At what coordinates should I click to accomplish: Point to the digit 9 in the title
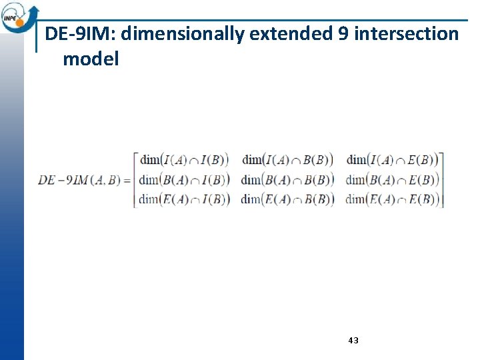point(343,34)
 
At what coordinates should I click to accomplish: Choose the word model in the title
point(91,59)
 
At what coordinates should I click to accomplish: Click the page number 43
point(353,340)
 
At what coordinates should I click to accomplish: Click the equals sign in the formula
point(127,180)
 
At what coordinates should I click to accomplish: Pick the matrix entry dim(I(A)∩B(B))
point(288,160)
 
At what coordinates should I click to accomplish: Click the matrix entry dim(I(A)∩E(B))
point(393,160)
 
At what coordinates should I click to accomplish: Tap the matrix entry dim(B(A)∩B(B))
point(288,180)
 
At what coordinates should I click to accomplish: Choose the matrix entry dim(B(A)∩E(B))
point(393,180)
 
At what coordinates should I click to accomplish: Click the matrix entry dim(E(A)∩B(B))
point(288,199)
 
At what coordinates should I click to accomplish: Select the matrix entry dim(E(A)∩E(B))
point(393,199)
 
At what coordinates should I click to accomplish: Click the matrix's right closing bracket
point(442,180)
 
